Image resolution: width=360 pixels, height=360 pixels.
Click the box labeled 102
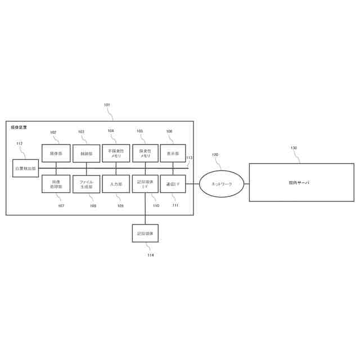coord(56,153)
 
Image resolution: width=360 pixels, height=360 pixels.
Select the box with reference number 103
coord(86,153)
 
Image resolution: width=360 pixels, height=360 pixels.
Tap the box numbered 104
coord(116,153)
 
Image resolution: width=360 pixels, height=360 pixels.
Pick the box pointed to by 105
coord(145,153)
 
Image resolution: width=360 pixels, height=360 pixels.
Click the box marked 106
coord(173,153)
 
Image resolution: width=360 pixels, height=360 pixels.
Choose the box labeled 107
coord(56,184)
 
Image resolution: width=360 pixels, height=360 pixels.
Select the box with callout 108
coord(86,184)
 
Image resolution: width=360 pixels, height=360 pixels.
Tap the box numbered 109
coord(116,184)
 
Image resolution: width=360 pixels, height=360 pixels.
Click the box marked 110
coord(145,184)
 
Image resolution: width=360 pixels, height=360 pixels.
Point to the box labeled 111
coord(173,184)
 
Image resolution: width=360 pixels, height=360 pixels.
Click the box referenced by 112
coord(25,168)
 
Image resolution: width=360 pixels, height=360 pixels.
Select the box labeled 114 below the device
coord(145,233)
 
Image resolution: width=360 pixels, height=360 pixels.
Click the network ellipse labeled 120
coord(221,184)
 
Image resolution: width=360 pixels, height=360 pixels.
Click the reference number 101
coord(107,105)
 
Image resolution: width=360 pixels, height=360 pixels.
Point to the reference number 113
coord(189,158)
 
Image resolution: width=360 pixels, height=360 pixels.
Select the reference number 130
coord(294,148)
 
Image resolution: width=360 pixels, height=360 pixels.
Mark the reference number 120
coord(215,155)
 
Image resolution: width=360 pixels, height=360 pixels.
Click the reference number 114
coord(150,255)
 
